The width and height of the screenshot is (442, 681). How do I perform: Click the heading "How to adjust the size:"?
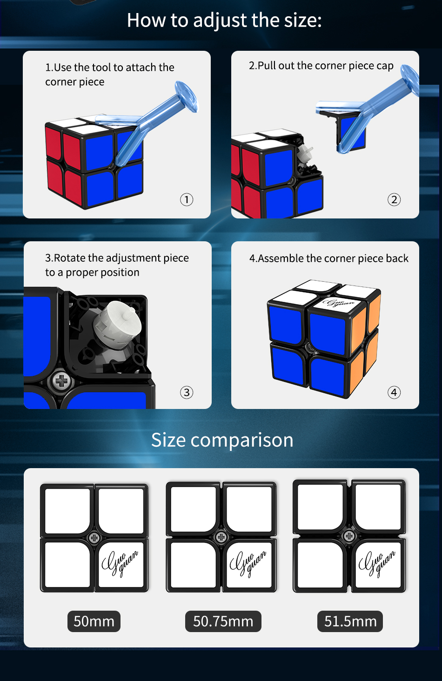coord(224,20)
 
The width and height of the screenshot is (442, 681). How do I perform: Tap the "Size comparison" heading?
coord(222,440)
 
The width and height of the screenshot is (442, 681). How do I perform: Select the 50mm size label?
coord(94,621)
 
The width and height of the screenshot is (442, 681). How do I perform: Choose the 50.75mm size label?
coord(223,621)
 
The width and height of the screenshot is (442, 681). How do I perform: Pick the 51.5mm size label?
coord(350,621)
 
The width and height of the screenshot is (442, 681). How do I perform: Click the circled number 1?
coord(187,200)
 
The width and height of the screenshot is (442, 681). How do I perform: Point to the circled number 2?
coord(394,200)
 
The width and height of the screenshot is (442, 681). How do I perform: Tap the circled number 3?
coord(187,393)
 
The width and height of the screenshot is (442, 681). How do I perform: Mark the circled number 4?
coord(394,393)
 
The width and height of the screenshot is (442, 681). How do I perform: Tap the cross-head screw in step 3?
coord(61,381)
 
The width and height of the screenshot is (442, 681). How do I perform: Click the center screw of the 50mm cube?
coord(94,538)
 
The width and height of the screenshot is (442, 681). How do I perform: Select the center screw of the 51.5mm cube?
coord(349,536)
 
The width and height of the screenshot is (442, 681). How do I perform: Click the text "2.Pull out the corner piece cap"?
coord(321,66)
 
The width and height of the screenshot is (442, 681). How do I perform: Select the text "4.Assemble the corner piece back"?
coord(329,259)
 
